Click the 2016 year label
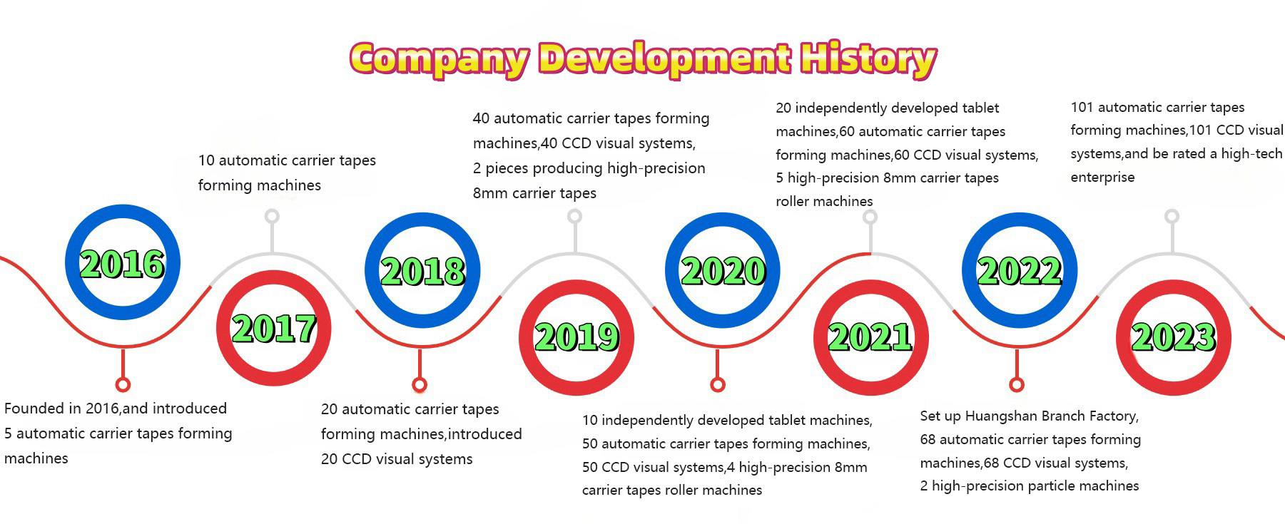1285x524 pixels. (x=122, y=264)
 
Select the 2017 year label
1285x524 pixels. (x=274, y=329)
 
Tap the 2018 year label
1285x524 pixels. (x=422, y=271)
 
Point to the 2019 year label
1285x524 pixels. (x=577, y=337)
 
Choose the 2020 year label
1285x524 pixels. (x=723, y=271)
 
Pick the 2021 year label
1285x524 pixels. (x=870, y=337)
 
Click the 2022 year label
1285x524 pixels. (x=1020, y=271)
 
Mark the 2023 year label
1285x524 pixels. (x=1173, y=337)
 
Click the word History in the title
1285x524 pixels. (x=868, y=58)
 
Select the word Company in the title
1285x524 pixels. (x=439, y=58)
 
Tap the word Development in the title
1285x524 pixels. (x=664, y=58)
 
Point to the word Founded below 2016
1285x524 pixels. (x=33, y=409)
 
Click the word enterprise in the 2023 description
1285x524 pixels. (x=1102, y=177)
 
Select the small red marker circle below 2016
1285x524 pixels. (x=123, y=385)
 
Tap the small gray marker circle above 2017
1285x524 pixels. (x=272, y=216)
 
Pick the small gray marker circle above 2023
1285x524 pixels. (x=1172, y=216)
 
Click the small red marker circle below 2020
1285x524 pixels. (x=718, y=385)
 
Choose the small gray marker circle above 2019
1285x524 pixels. (x=574, y=216)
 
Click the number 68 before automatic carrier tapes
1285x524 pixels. (x=928, y=439)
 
